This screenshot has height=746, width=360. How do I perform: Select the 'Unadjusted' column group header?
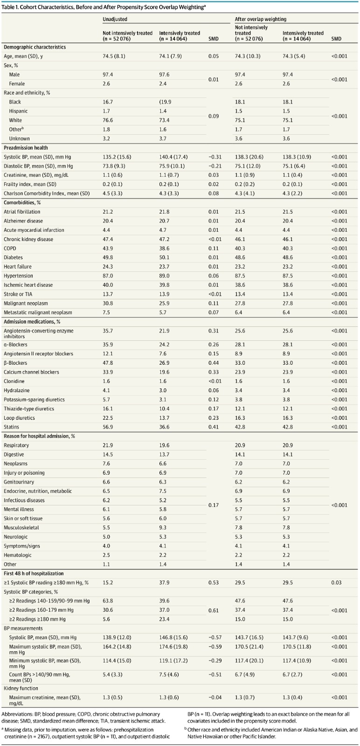coord(115,19)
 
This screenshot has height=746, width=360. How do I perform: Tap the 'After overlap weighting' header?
coord(260,19)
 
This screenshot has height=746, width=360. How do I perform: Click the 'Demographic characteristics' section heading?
coord(35,47)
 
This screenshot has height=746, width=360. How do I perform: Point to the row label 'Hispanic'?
coord(18,111)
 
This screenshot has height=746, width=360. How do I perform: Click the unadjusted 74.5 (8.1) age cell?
coord(114,56)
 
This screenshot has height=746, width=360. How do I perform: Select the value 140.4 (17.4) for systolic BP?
coord(173,157)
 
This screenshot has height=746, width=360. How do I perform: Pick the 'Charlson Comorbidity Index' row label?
coord(47,193)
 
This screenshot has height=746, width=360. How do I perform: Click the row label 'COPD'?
coord(10,249)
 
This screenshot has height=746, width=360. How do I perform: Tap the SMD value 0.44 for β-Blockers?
coord(214,363)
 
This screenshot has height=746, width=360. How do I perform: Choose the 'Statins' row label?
coord(11,427)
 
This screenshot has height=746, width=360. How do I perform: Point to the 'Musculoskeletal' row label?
coord(21,527)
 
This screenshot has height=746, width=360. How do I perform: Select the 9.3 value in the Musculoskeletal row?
coord(163,527)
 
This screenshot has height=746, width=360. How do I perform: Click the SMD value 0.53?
coord(214,582)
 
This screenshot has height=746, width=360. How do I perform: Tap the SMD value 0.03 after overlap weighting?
coord(336,582)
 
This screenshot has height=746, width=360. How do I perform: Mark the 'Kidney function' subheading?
coord(21,688)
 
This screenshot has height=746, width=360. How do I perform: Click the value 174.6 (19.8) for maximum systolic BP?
coord(173,647)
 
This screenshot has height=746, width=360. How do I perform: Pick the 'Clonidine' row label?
coord(14,381)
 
